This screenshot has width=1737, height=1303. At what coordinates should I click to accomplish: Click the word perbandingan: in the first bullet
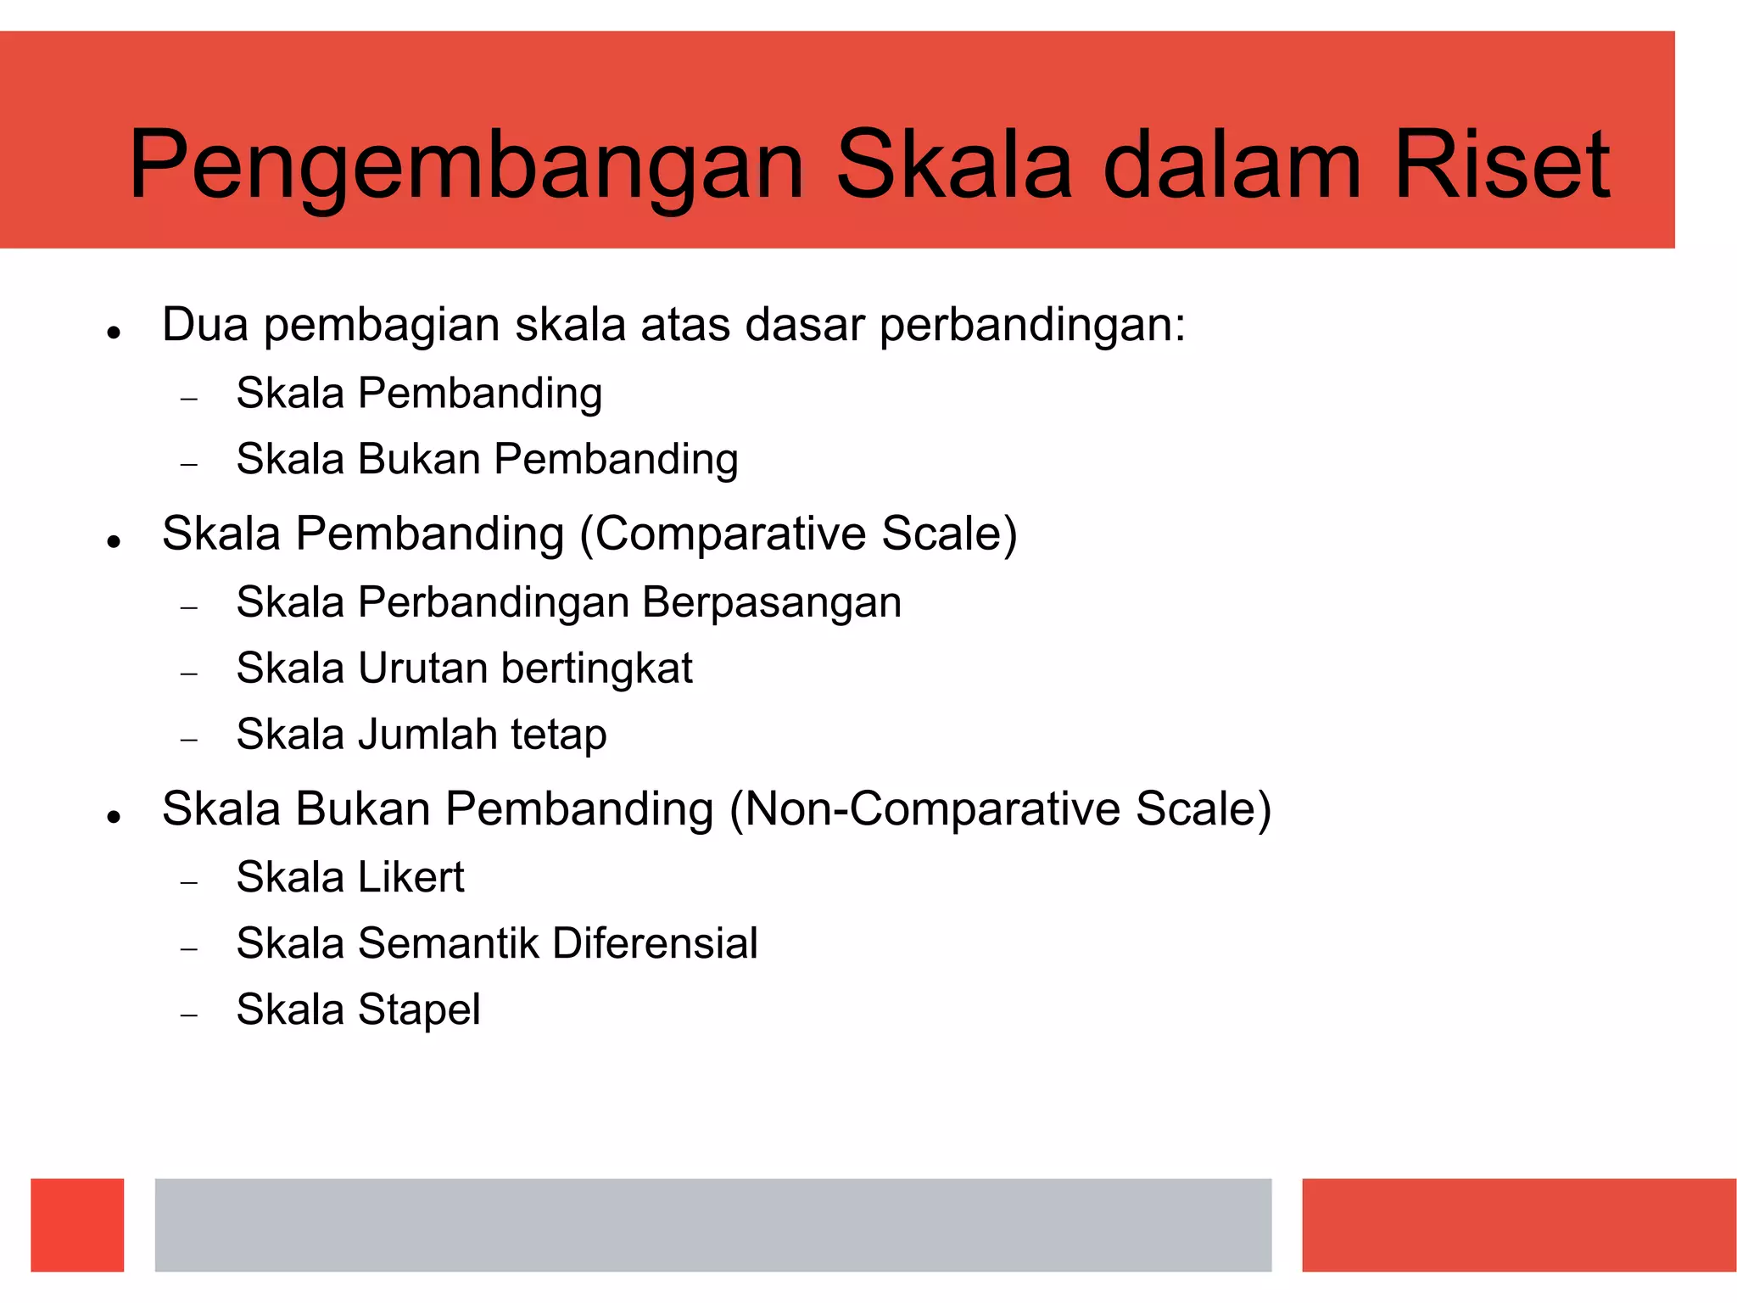[1031, 326]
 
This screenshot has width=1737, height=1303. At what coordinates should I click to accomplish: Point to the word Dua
[204, 325]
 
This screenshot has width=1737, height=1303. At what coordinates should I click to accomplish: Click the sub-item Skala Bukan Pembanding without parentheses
[487, 459]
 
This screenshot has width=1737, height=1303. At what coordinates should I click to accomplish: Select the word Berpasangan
[772, 602]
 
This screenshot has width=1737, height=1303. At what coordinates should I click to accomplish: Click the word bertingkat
[596, 668]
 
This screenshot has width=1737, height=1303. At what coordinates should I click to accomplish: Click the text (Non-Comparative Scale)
[1000, 809]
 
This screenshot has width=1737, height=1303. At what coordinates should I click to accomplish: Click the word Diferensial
[655, 943]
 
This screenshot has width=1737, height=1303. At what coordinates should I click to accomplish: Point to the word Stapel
[419, 1010]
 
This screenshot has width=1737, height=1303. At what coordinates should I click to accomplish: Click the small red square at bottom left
[77, 1224]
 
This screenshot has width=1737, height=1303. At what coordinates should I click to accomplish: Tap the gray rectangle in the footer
[712, 1224]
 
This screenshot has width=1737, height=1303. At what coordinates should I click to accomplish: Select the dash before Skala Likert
[189, 883]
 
